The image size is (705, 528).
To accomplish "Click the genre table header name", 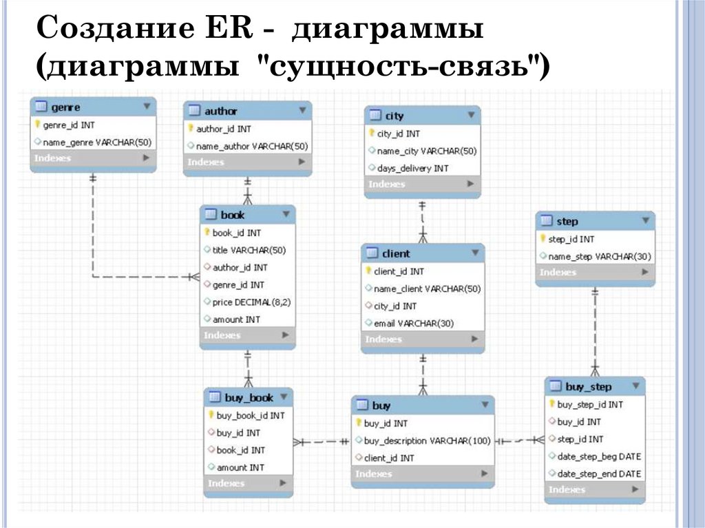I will [x=65, y=107].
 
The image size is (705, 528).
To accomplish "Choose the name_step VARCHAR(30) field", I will [x=595, y=256].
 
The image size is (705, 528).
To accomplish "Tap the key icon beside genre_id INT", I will [x=37, y=125].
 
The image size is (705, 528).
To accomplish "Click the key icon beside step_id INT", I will [x=543, y=239].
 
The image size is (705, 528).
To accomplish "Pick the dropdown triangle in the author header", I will [x=302, y=110].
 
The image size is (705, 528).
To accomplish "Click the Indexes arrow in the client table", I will [x=474, y=339].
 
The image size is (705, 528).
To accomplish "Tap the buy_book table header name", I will [x=249, y=397].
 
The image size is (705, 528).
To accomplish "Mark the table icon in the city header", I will [x=375, y=115].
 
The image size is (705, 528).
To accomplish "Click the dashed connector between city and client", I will [x=423, y=220].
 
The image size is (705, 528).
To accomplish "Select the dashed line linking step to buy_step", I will [x=596, y=330].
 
